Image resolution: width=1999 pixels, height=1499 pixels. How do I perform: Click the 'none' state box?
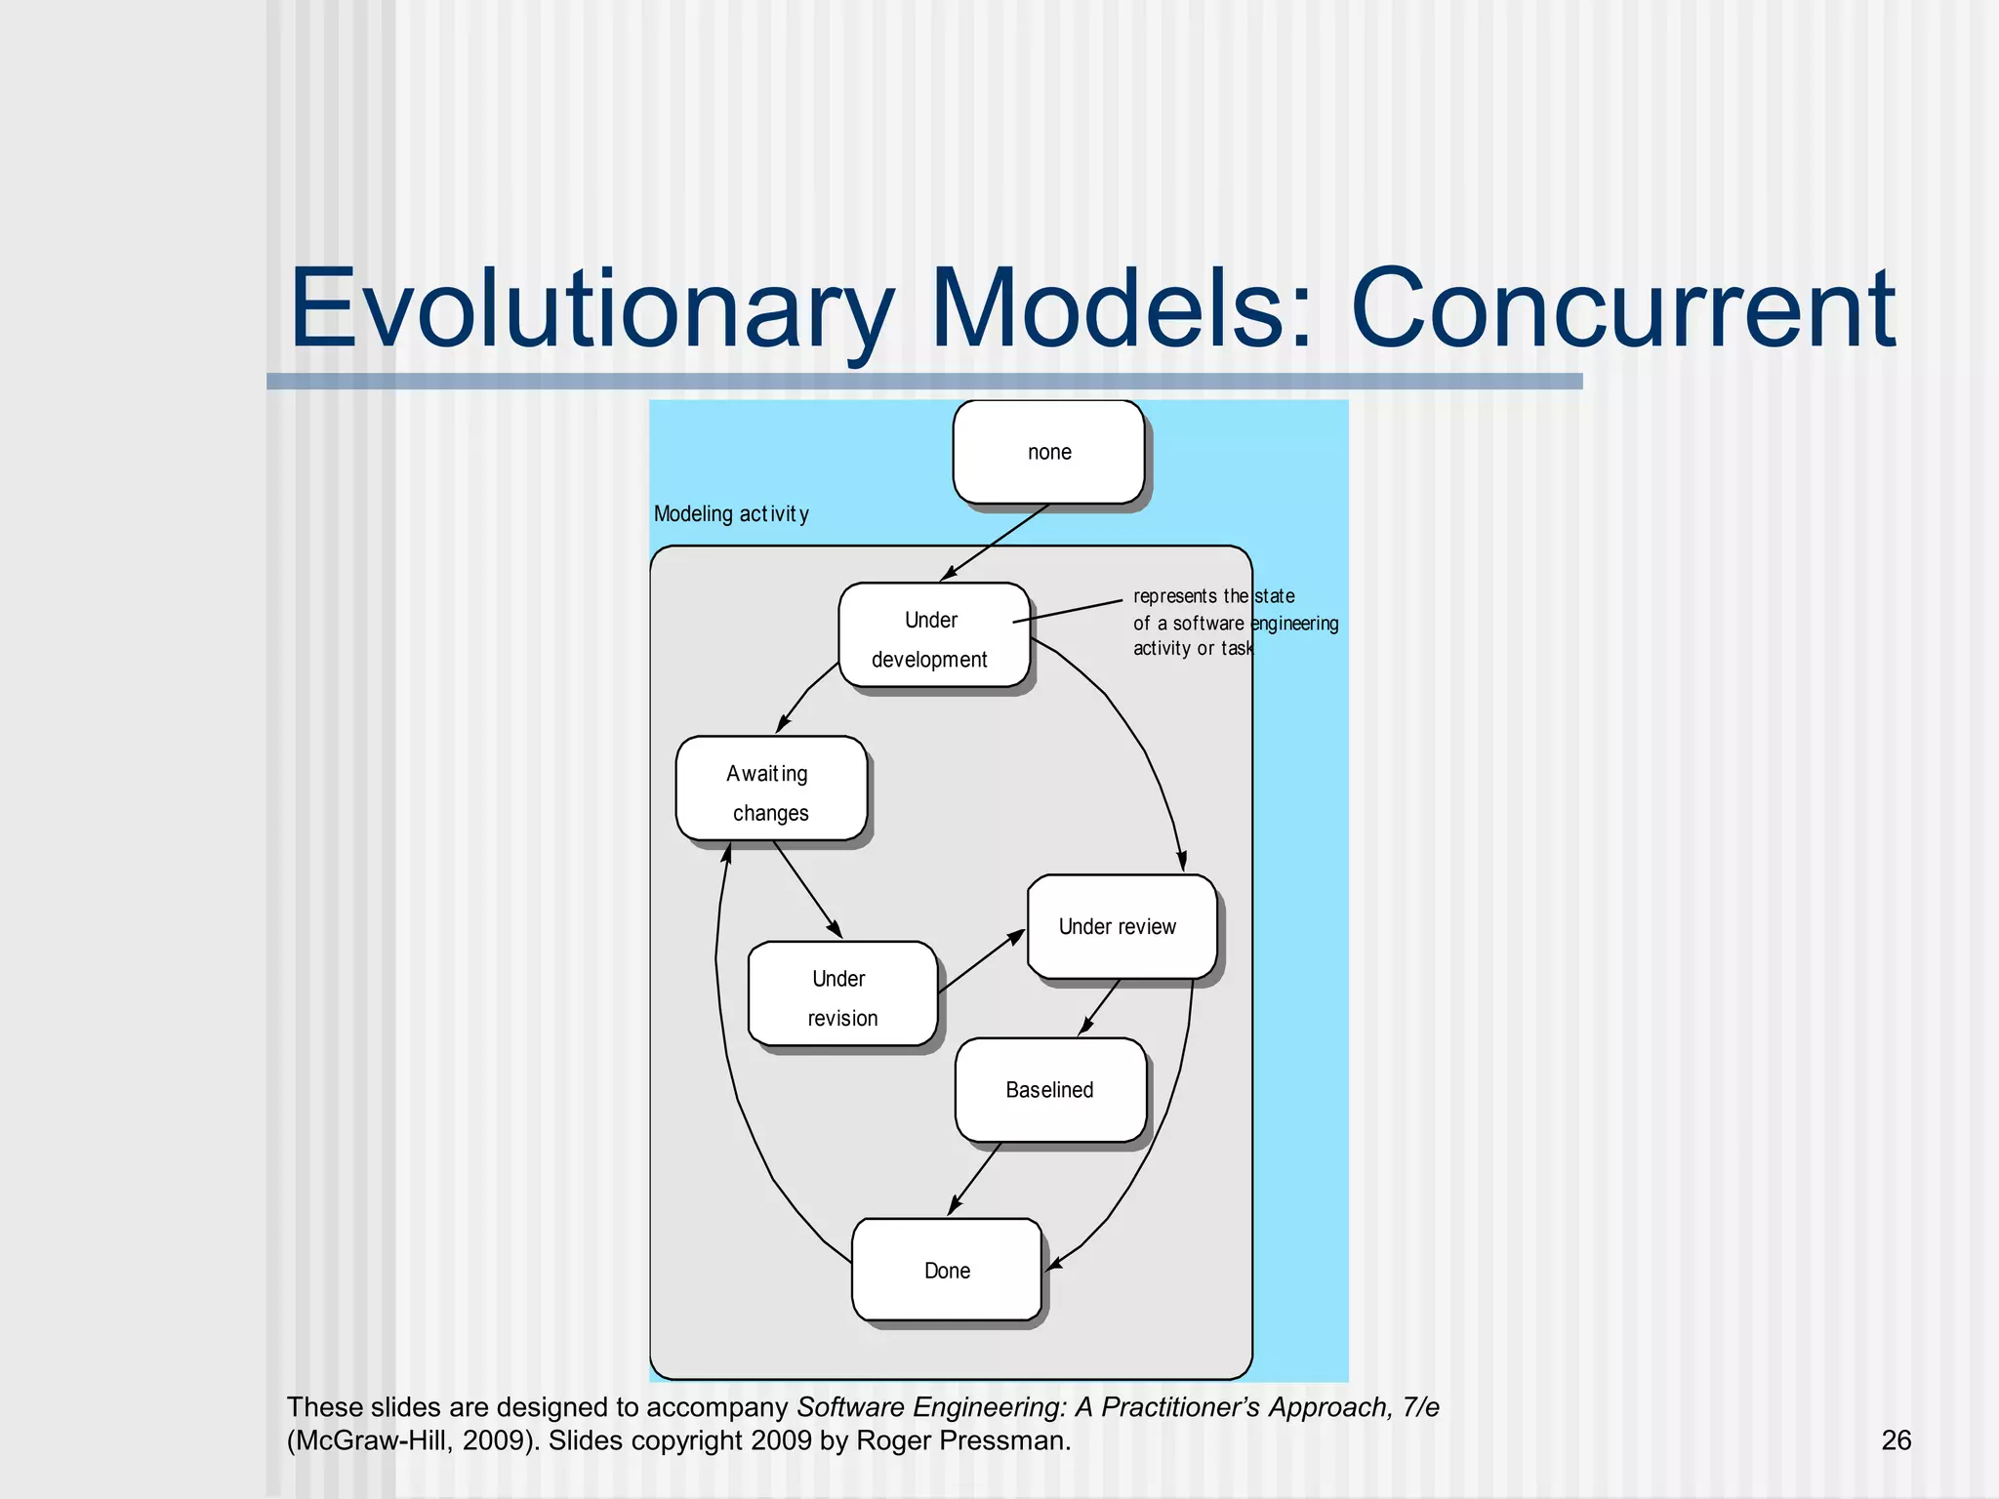tap(1048, 452)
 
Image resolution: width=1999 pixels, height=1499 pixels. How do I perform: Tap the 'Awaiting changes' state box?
tap(770, 790)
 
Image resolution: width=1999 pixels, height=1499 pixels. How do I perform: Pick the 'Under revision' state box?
tap(842, 994)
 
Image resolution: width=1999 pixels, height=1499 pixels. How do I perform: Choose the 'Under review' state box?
tap(1122, 927)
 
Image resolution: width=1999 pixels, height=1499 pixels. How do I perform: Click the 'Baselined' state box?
tap(1050, 1090)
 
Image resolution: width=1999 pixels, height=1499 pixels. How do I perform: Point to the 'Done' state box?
tap(947, 1270)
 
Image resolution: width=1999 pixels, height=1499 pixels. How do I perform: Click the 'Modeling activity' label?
tap(731, 514)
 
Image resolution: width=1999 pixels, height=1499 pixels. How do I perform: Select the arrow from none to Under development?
tap(995, 542)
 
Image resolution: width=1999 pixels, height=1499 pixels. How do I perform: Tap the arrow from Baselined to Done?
tap(975, 1179)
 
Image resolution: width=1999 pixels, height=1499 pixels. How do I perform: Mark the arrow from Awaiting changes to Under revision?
tap(807, 889)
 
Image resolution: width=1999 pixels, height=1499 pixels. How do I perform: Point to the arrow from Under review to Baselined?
tap(1100, 1007)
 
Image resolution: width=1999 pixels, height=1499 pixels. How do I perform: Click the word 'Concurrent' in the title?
tap(1622, 310)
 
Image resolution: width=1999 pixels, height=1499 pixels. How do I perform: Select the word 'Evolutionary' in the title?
tap(592, 310)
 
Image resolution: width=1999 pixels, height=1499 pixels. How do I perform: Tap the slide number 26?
tap(1896, 1440)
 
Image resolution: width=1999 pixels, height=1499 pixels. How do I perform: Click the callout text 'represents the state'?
tap(1213, 596)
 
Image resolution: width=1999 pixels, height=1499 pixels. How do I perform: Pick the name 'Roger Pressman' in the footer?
tap(962, 1440)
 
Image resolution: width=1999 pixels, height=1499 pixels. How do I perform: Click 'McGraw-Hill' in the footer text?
tap(371, 1440)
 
